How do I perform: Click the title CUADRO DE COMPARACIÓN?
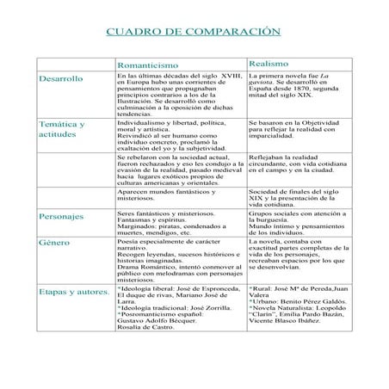click(193, 31)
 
